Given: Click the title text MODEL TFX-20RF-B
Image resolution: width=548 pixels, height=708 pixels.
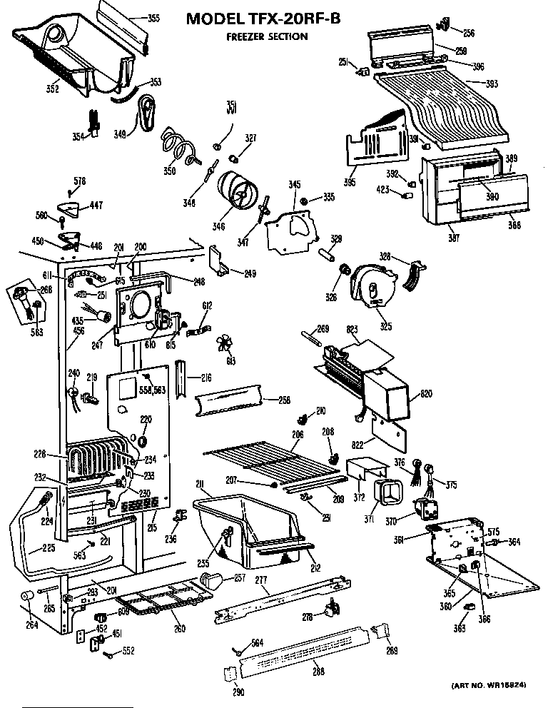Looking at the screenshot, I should pos(263,19).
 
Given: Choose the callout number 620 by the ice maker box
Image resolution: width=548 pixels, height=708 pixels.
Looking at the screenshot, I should pos(427,393).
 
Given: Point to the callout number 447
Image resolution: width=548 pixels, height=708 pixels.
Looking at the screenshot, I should pos(95,206).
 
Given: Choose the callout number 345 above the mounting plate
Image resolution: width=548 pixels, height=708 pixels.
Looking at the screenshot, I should pos(294,185).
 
